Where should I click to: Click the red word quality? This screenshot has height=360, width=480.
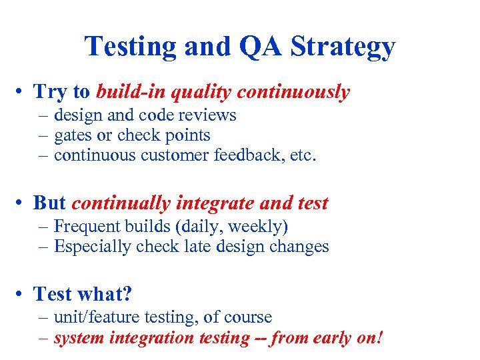coord(201,92)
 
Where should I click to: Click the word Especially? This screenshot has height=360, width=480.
coord(93,247)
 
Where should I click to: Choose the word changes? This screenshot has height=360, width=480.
coord(299,247)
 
